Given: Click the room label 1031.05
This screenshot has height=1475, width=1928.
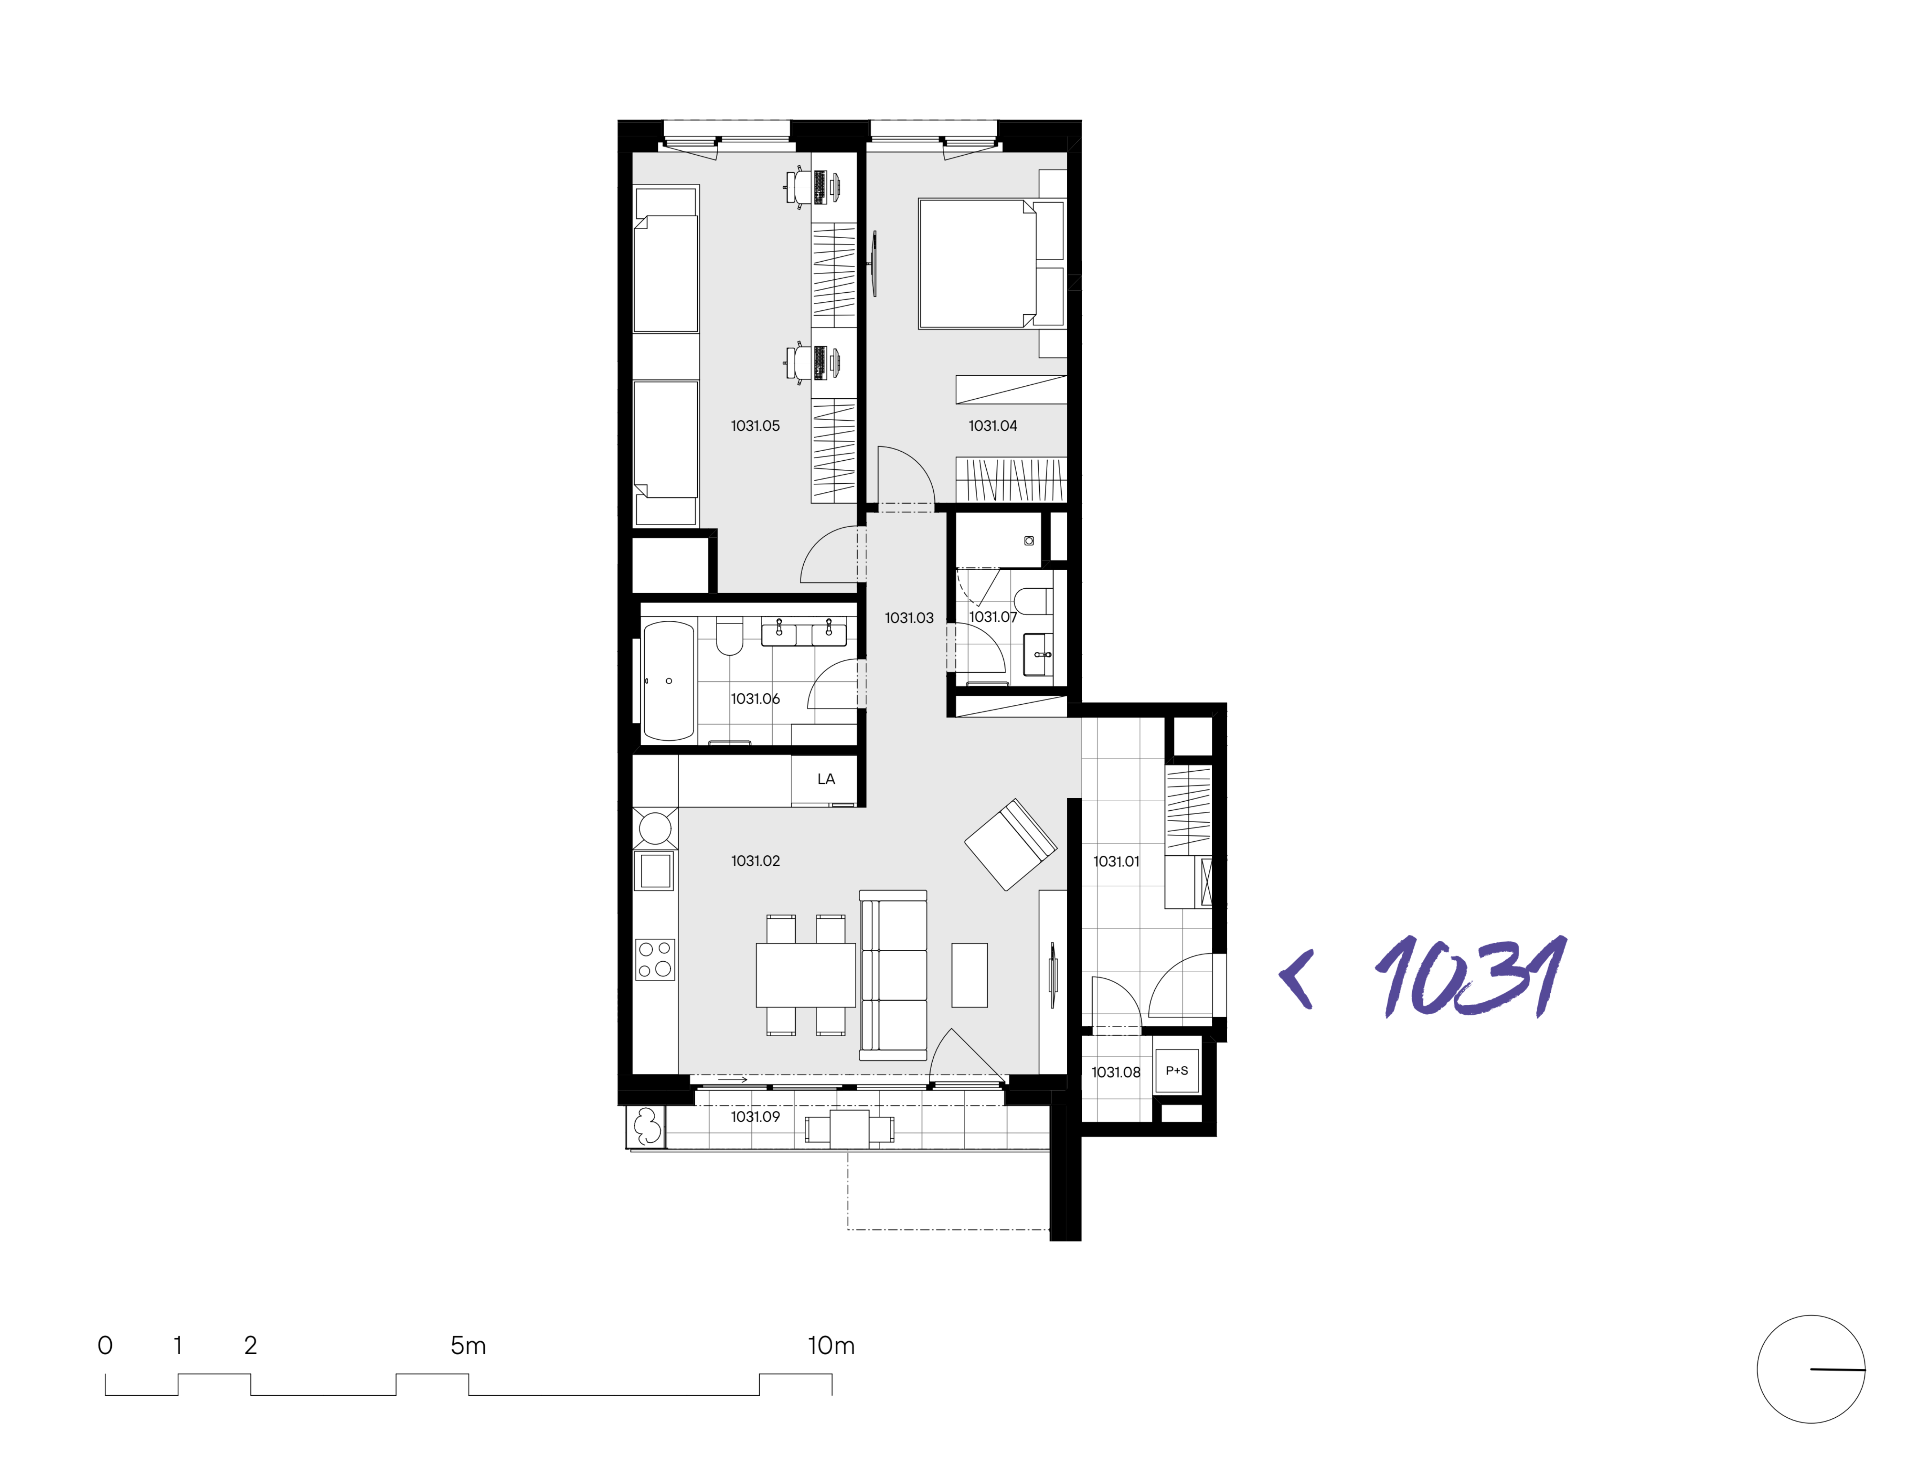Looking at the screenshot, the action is tap(755, 426).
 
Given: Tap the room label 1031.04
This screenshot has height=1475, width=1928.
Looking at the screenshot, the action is tap(992, 426).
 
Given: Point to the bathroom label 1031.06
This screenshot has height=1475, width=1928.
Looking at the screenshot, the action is tap(755, 699).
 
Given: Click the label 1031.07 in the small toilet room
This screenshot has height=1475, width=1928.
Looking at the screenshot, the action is tap(992, 617).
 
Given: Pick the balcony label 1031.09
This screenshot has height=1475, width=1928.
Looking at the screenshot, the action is tap(755, 1117).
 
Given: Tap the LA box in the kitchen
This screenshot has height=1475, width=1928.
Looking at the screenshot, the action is tap(825, 779).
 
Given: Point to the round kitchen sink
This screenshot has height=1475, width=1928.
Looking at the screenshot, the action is tap(655, 828).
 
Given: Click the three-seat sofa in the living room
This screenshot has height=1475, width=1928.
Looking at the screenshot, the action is tap(893, 975).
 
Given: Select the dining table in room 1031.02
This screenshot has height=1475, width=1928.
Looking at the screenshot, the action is tap(805, 975).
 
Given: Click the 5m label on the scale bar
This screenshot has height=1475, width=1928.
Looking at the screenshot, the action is tap(468, 1345).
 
